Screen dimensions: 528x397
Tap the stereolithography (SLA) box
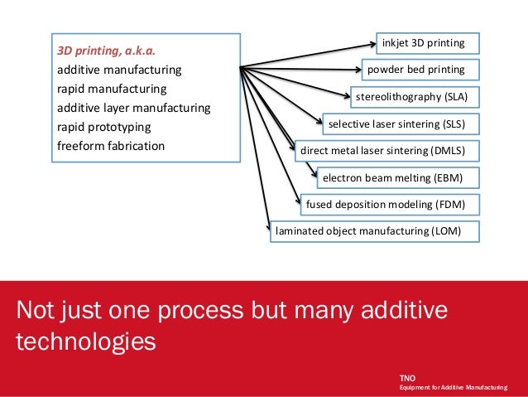pyautogui.click(x=411, y=97)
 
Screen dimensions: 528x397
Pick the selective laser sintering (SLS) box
pyautogui.click(x=397, y=124)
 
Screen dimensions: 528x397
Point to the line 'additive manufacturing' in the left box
pyautogui.click(x=119, y=69)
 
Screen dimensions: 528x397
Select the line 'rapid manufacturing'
pyautogui.click(x=112, y=88)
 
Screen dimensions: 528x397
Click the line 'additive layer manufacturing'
pyautogui.click(x=133, y=108)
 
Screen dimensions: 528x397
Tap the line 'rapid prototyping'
pyautogui.click(x=103, y=127)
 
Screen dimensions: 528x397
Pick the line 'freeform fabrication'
pyautogui.click(x=111, y=146)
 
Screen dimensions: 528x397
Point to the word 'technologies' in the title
pyautogui.click(x=85, y=341)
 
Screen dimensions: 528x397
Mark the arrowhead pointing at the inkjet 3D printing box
pyautogui.click(x=371, y=41)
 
